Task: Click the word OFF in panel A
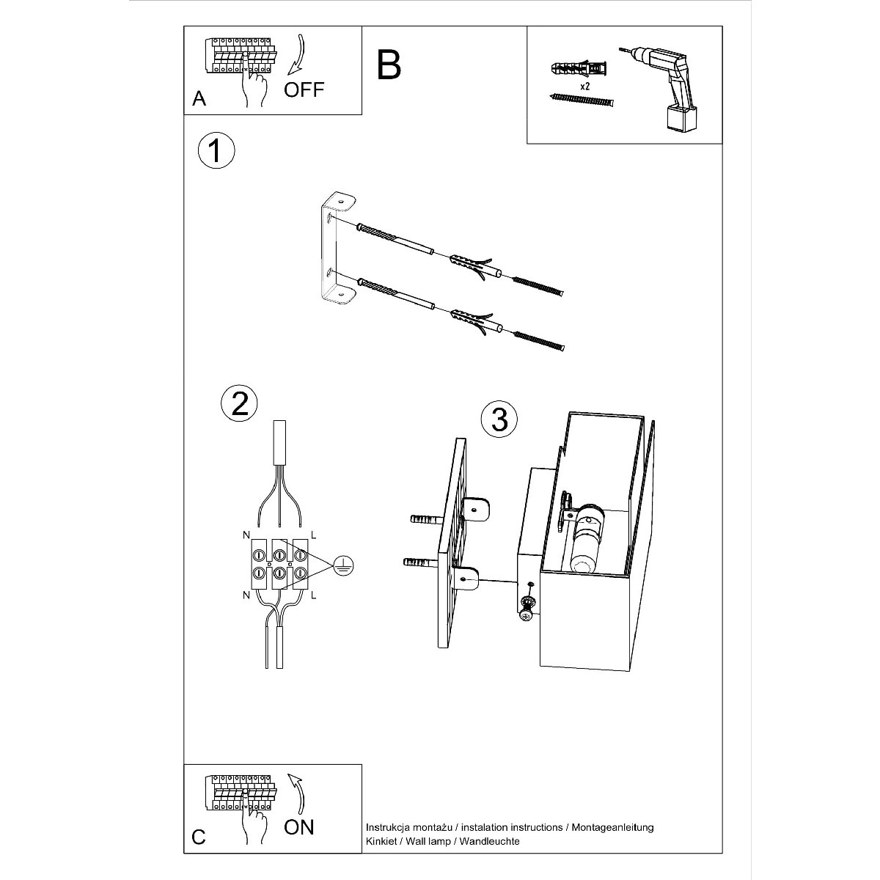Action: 304,89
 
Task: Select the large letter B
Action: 389,65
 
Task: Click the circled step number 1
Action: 216,151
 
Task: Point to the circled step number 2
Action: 239,403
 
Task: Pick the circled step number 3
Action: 499,419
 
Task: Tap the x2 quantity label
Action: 585,86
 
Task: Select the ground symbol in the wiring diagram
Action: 344,566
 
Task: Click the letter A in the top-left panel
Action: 199,99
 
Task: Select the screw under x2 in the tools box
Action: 581,100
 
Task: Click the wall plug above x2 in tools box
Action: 579,70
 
